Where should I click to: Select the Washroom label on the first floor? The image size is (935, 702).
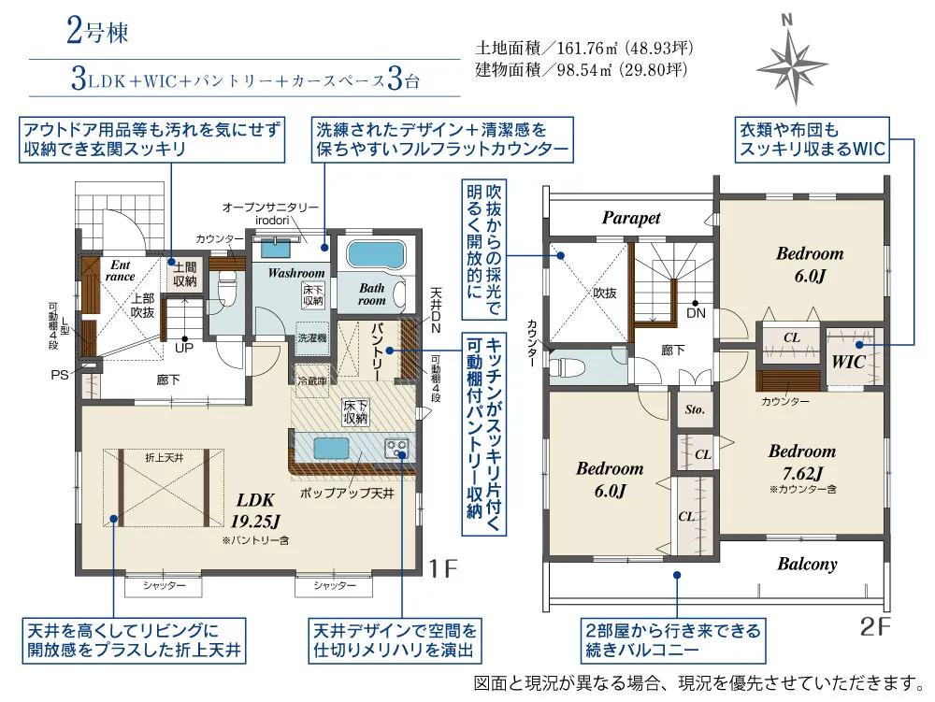(296, 274)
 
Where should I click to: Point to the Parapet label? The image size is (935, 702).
(631, 218)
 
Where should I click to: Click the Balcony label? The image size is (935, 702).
(807, 564)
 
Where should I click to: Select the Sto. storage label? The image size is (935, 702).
(694, 409)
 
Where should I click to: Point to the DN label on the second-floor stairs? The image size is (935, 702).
(698, 314)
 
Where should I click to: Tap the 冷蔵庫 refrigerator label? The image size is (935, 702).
(313, 380)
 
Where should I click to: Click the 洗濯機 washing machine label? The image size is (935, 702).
(311, 337)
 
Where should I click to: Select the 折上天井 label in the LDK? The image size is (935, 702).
(163, 458)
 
